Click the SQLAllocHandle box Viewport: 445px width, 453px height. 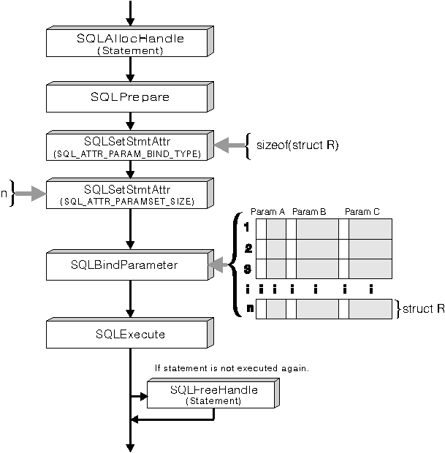click(x=129, y=43)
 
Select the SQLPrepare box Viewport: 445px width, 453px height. click(x=129, y=96)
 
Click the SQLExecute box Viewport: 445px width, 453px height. click(x=129, y=334)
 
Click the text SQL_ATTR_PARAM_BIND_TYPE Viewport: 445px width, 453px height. click(x=129, y=153)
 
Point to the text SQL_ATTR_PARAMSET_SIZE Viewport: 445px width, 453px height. click(x=129, y=202)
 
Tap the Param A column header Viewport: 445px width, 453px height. click(x=263, y=211)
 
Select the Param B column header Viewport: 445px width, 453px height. click(x=308, y=211)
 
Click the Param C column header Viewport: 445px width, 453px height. click(x=362, y=211)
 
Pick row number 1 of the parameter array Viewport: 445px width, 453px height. click(x=248, y=228)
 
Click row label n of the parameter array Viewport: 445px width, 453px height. click(x=249, y=308)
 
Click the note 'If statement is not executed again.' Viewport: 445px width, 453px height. click(x=232, y=368)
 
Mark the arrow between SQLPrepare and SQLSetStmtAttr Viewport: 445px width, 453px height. click(x=129, y=121)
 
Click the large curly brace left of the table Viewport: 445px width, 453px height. click(x=236, y=264)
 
